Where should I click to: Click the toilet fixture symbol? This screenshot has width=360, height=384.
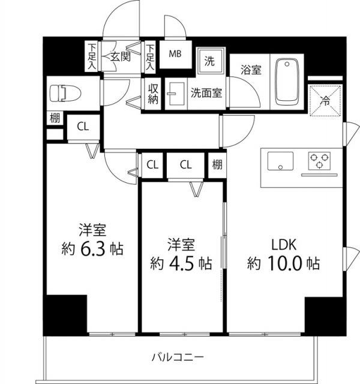61,94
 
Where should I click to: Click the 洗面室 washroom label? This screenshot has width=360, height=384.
206,93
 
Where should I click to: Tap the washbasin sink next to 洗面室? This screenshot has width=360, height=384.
176,94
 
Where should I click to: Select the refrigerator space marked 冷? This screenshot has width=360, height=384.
325,101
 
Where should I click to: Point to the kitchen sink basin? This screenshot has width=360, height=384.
280,161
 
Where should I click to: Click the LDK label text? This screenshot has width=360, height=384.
283,244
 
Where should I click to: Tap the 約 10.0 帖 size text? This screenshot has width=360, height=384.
283,263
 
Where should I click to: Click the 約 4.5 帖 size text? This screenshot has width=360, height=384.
181,263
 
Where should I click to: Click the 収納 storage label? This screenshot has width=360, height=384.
153,93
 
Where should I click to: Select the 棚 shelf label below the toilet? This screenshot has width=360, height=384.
55,118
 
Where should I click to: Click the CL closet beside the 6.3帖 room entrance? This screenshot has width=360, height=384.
83,127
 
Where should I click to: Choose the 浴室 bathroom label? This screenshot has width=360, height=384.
251,70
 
